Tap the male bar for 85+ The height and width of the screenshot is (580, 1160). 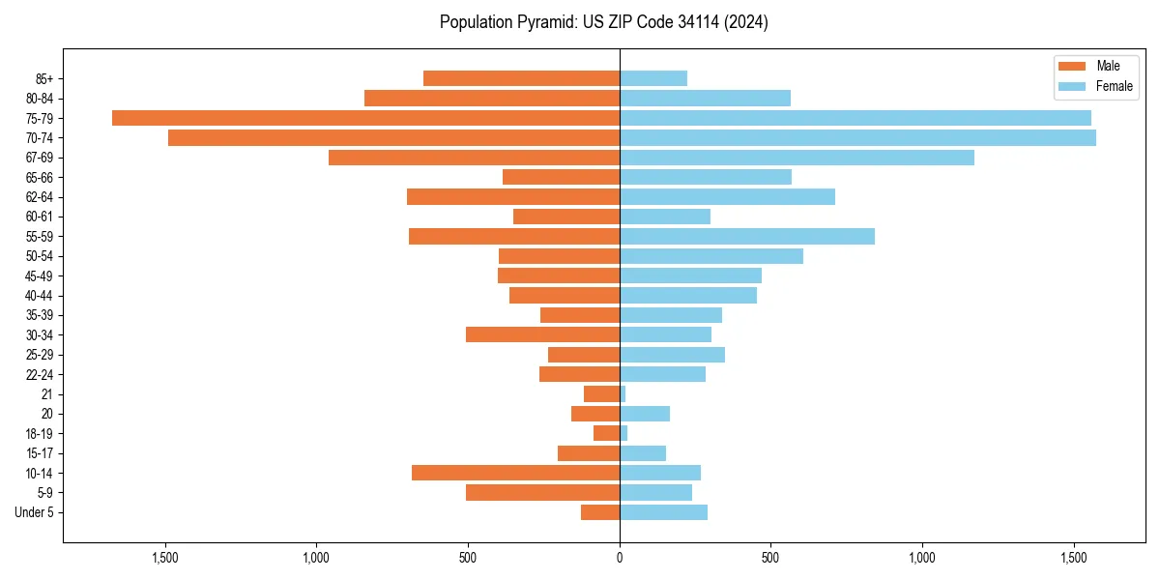click(x=521, y=78)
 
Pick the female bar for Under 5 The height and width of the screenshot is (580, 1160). click(x=663, y=512)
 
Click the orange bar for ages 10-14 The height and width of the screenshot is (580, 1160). click(x=515, y=473)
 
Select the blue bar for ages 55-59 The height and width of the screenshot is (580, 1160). click(x=747, y=237)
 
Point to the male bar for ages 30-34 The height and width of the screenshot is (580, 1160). click(x=542, y=334)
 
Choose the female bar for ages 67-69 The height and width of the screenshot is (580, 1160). click(x=797, y=158)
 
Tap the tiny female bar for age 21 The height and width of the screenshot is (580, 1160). click(x=623, y=394)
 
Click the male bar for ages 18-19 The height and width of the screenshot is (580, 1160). click(x=606, y=433)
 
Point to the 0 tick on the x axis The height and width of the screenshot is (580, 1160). click(x=620, y=558)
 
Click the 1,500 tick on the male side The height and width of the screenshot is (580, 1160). click(x=165, y=558)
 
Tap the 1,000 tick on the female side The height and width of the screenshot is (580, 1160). click(x=922, y=558)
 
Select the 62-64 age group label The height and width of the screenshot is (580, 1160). click(x=40, y=197)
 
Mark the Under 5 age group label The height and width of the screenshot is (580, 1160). click(x=34, y=512)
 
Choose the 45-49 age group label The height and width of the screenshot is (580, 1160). click(x=40, y=275)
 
